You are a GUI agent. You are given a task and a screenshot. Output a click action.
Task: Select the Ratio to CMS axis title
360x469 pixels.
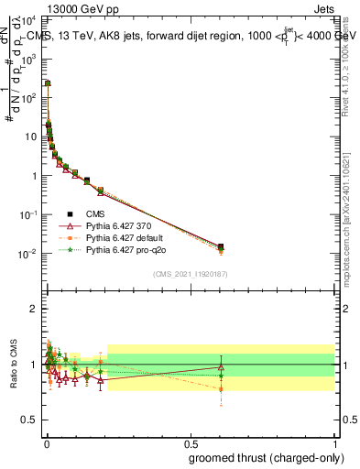(x=14, y=364)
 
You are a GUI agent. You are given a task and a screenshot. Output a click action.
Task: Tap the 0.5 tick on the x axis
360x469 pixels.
(x=190, y=442)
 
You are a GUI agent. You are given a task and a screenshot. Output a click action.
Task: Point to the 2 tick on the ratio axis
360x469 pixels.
(x=34, y=309)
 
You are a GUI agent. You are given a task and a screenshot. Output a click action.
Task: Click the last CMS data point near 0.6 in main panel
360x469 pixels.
(x=221, y=246)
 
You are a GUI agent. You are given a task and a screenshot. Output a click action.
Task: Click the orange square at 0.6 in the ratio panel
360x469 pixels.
(x=221, y=389)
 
